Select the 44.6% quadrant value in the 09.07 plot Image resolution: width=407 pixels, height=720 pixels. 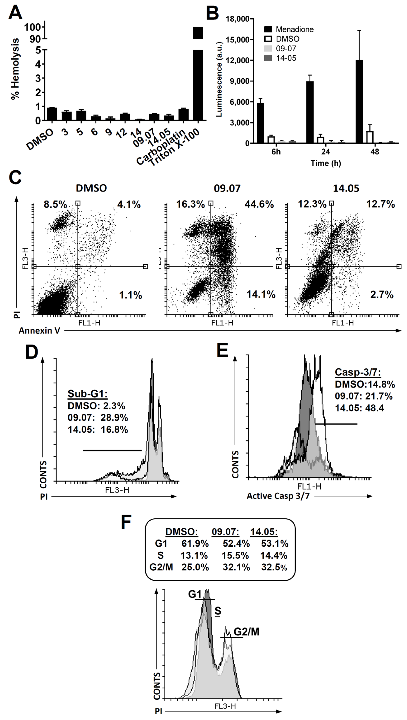point(259,205)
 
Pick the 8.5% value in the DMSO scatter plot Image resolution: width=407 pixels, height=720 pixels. point(55,205)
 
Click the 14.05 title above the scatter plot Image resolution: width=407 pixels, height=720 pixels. point(346,188)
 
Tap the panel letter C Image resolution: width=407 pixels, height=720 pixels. point(15,177)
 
